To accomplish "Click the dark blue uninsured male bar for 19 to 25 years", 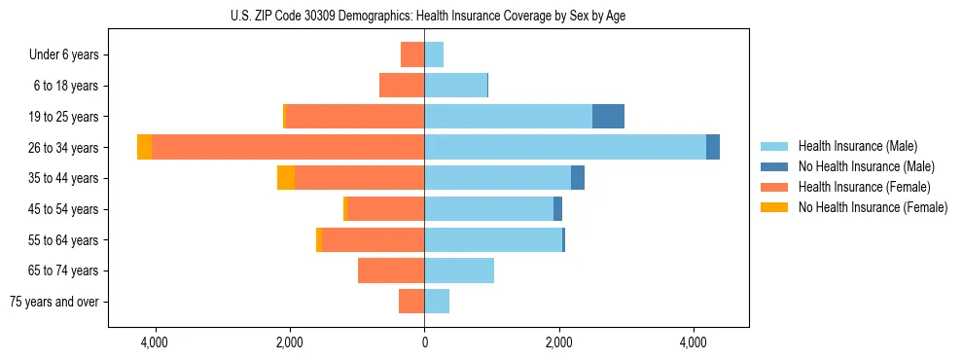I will click(x=608, y=117).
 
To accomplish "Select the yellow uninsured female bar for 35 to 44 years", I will click(x=286, y=178).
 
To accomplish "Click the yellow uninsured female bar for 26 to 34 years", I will click(x=144, y=147).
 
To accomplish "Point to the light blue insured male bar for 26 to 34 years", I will click(x=564, y=147).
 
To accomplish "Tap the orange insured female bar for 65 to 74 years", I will click(x=391, y=270).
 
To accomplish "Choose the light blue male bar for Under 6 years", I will click(x=434, y=54).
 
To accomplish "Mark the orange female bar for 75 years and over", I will click(x=411, y=302).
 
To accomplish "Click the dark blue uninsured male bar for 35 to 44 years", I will click(x=578, y=178).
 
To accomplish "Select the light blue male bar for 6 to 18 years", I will click(x=455, y=86).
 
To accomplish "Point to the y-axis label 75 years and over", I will click(x=53, y=302).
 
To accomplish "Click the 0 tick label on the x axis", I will click(x=424, y=343).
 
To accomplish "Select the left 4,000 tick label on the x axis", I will click(x=155, y=343).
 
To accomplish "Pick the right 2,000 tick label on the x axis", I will click(x=558, y=343).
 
